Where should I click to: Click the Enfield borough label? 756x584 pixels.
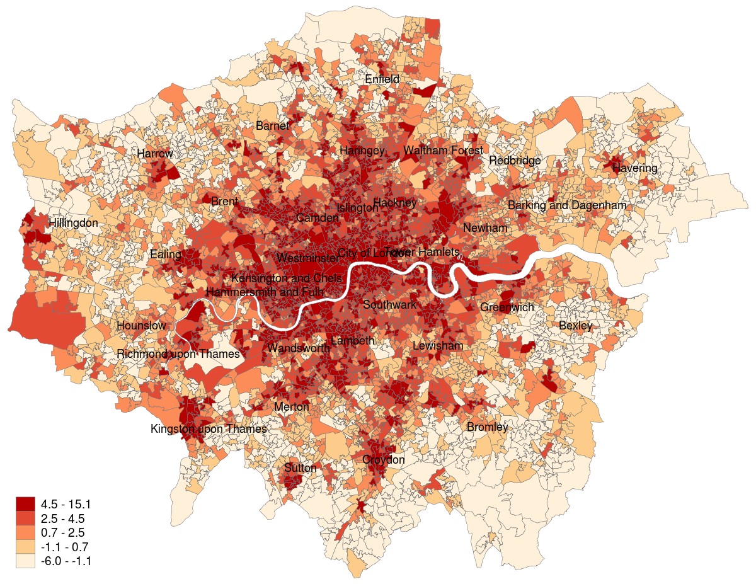(x=382, y=80)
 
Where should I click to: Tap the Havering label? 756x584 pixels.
(x=634, y=169)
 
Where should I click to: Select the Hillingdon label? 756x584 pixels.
(x=74, y=224)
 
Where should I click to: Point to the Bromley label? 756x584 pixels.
(x=487, y=428)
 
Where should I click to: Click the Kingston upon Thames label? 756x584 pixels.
(x=209, y=430)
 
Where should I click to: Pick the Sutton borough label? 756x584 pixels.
(x=301, y=468)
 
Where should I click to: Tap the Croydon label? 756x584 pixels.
(x=383, y=461)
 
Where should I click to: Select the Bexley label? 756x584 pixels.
(x=575, y=326)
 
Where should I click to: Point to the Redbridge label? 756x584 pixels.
(x=515, y=161)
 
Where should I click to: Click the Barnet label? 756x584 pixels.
(x=272, y=126)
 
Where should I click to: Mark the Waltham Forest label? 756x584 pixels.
(x=443, y=151)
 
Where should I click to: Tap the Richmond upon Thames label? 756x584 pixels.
(x=178, y=355)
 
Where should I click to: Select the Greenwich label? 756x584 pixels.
(x=507, y=307)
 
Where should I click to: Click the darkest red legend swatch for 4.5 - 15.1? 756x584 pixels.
(x=25, y=504)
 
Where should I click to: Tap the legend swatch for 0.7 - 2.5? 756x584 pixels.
(x=25, y=533)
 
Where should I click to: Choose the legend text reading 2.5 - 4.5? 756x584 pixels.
(x=62, y=518)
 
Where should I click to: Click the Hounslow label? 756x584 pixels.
(x=141, y=326)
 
